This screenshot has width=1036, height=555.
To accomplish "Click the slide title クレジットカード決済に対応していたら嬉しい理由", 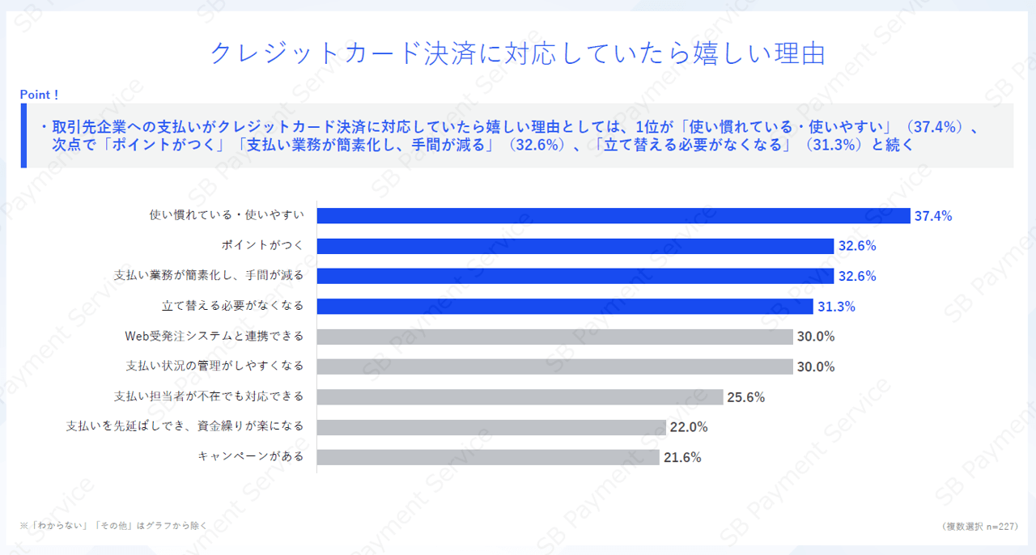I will click(x=517, y=53).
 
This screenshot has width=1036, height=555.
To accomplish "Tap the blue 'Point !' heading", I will click(x=40, y=95).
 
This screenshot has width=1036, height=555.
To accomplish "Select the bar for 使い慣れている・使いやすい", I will click(x=614, y=215).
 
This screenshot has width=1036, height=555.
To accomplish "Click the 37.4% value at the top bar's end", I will click(x=932, y=216).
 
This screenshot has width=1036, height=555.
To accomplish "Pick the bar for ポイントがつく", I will click(x=575, y=246).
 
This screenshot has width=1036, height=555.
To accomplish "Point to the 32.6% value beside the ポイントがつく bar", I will click(x=857, y=246).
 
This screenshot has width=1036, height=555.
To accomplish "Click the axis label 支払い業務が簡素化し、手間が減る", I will click(x=209, y=276).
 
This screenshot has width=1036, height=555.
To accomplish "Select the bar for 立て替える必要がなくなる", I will click(x=564, y=307).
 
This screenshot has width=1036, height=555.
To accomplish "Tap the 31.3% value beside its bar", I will click(x=836, y=307).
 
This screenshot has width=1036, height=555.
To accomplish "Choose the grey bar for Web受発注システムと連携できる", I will click(x=554, y=337).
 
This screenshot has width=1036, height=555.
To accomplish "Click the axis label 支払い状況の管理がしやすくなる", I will click(x=214, y=366).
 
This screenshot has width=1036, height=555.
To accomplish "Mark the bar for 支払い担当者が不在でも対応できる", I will click(x=520, y=396).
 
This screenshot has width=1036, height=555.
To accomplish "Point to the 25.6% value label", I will click(x=745, y=397).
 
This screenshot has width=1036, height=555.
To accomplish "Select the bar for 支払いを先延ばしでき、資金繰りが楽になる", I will click(x=490, y=427).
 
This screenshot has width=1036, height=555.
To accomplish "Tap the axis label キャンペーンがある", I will click(x=251, y=457).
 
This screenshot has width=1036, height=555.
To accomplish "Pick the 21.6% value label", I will click(x=682, y=457).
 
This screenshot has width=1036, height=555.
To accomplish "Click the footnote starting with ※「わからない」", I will click(x=113, y=526).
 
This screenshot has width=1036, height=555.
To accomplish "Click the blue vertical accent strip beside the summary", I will click(x=23, y=135).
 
